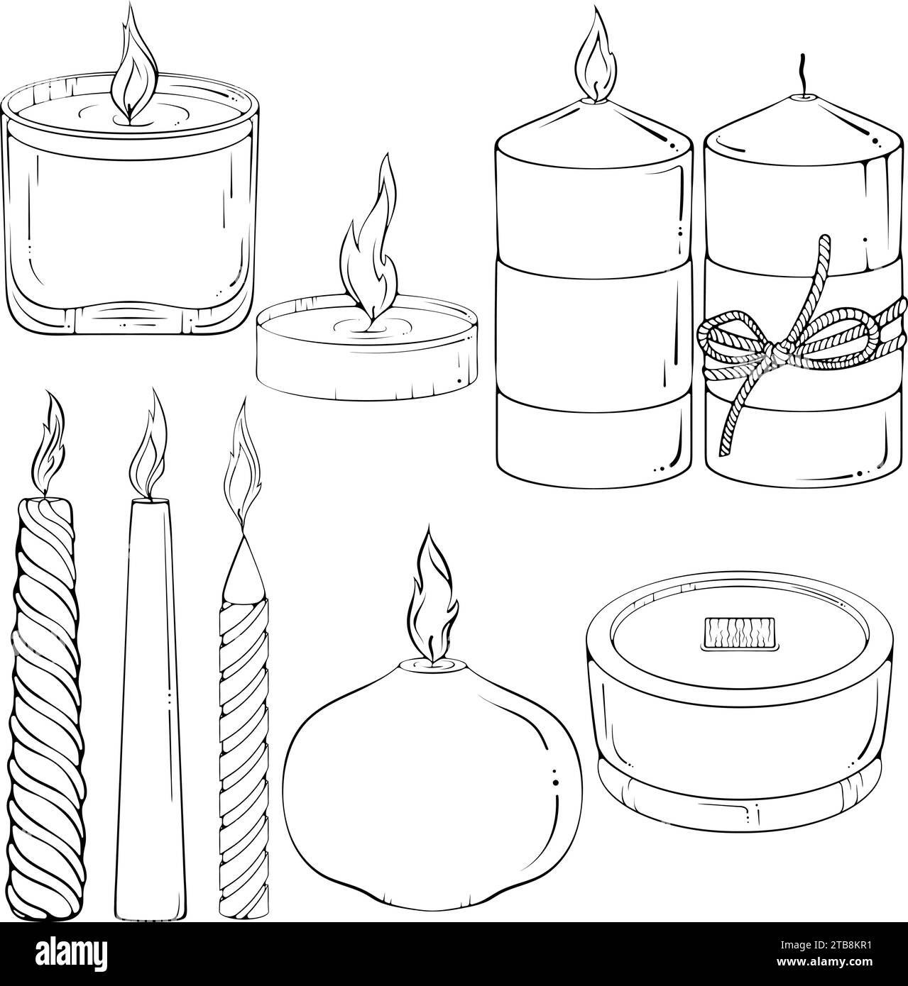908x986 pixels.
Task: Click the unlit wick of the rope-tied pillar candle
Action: tap(804, 82)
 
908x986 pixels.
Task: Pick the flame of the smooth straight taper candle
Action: tap(149, 454)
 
